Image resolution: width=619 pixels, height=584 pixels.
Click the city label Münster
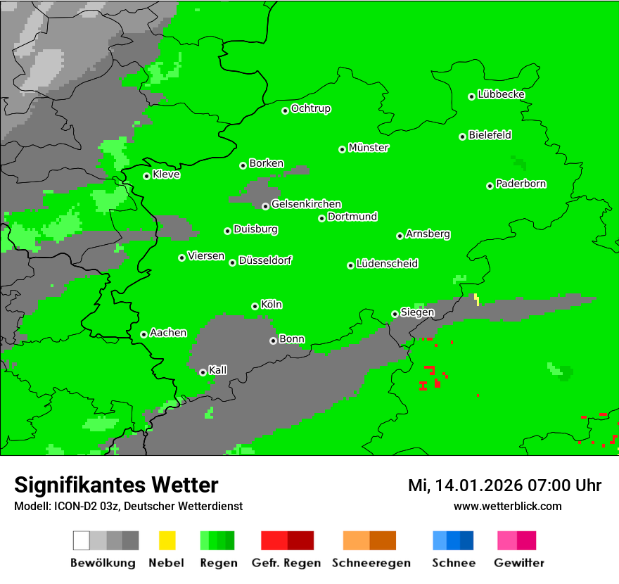[x=369, y=148]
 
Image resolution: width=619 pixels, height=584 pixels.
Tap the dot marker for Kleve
[x=146, y=176]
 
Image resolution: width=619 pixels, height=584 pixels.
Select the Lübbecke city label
[x=501, y=94]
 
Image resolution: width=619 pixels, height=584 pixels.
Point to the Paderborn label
[x=521, y=184]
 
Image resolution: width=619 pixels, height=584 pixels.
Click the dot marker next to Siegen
[x=395, y=314]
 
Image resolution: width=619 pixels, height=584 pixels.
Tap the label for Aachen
[x=168, y=333]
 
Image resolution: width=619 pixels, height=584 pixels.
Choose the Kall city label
[x=218, y=370]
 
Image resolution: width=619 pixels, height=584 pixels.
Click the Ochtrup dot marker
[x=285, y=110]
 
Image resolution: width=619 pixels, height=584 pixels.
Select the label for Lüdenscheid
[x=387, y=264]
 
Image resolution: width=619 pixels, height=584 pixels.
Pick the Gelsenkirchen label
[x=306, y=204]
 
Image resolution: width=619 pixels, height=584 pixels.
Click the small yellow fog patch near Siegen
[x=477, y=299]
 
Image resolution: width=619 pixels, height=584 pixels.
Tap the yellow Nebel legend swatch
[x=167, y=540]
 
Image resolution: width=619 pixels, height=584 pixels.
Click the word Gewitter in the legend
[x=519, y=563]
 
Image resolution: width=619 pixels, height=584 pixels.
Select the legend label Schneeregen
[x=371, y=563]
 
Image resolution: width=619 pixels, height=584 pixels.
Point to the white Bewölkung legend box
[x=82, y=540]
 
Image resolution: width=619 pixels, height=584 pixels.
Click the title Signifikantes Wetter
[x=116, y=485]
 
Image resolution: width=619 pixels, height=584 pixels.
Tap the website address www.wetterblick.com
[x=507, y=506]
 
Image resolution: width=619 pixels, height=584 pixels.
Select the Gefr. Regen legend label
[x=286, y=563]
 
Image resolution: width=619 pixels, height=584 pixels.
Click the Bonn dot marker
[x=273, y=341]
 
